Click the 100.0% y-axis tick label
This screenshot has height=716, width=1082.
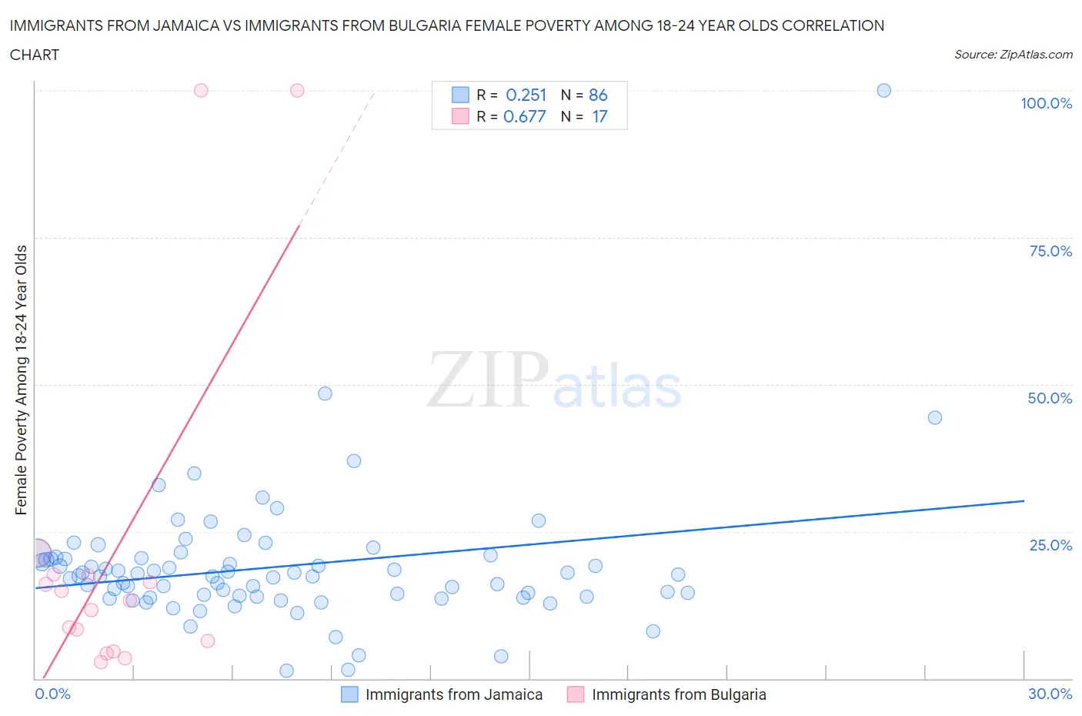pos(1046,103)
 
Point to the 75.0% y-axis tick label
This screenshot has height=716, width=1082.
pos(1050,251)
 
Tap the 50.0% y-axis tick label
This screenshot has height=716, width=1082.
pos(1050,398)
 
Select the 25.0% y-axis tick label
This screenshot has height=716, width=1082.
pos(1050,545)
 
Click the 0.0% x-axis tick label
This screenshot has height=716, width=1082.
pos(52,694)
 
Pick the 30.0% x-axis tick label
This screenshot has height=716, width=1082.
pos(1050,694)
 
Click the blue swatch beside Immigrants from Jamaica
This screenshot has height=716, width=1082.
pos(349,694)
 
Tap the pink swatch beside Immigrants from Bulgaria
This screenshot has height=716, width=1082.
pos(576,694)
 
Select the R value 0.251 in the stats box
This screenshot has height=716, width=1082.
pos(526,95)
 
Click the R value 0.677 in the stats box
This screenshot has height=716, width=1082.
pos(524,116)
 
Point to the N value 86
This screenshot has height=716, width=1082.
pos(598,95)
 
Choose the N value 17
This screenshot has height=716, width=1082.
pos(599,116)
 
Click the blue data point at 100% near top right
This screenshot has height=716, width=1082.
pos(883,90)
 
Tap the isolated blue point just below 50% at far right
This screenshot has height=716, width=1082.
pos(934,417)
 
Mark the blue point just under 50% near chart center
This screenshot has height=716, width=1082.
pos(325,393)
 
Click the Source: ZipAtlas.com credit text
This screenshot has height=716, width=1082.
pos(1013,54)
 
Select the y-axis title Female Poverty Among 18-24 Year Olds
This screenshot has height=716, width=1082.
pos(21,380)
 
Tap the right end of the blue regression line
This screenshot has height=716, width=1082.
pos(1024,500)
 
